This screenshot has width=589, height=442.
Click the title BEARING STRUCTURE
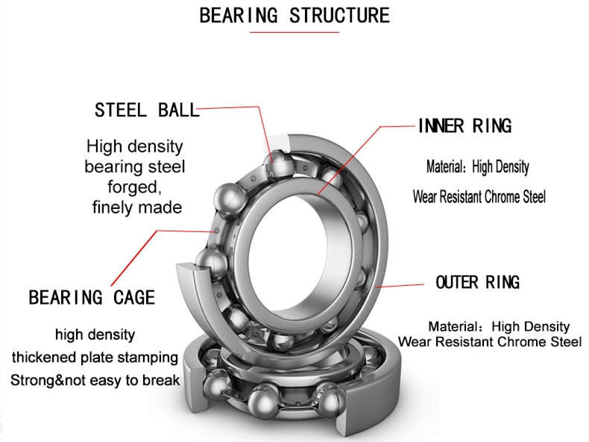[294, 15]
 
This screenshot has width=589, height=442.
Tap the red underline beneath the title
[294, 32]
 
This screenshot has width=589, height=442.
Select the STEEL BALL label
[147, 110]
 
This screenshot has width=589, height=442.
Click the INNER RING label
[464, 126]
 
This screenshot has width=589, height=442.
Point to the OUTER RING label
[477, 282]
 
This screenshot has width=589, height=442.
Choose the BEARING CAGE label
[92, 298]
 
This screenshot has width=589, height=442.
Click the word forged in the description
[135, 187]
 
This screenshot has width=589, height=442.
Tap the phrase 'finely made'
[136, 207]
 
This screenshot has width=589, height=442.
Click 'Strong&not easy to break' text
[95, 380]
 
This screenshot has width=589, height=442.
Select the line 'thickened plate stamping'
[95, 357]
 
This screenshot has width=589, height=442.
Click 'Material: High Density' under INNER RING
[477, 166]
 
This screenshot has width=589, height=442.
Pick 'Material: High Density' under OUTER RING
[499, 326]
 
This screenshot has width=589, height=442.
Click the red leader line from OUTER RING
[403, 284]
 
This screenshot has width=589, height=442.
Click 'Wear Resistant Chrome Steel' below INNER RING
[479, 197]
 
